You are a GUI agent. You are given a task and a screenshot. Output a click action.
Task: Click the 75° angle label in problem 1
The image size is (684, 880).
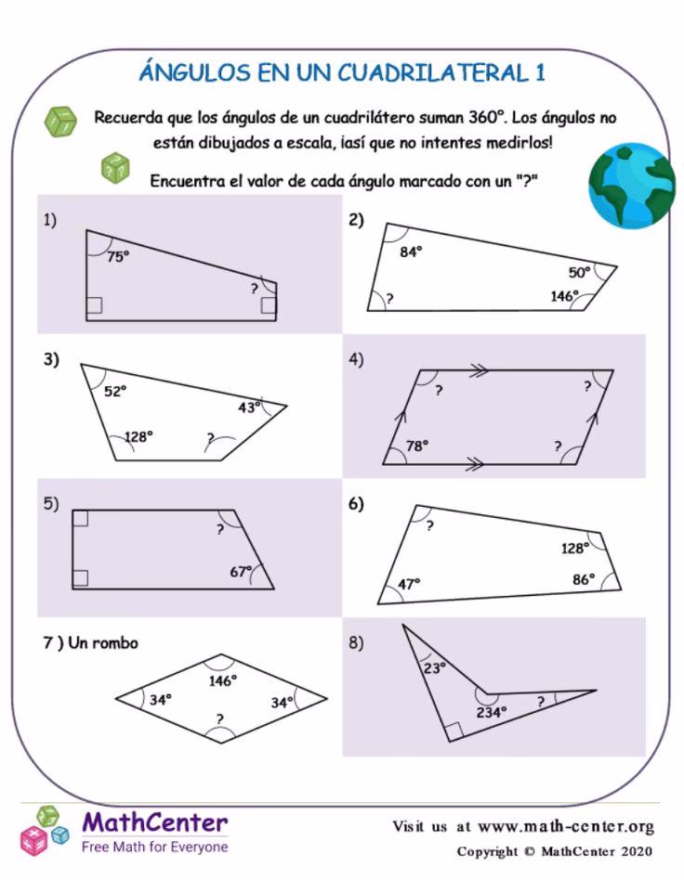pyautogui.click(x=119, y=256)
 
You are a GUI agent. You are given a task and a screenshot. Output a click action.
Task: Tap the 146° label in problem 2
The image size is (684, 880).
pyautogui.click(x=564, y=296)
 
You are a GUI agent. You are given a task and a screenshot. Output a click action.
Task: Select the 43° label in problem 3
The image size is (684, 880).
pyautogui.click(x=249, y=408)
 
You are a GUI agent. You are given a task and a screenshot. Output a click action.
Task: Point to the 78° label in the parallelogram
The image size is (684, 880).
pyautogui.click(x=417, y=446)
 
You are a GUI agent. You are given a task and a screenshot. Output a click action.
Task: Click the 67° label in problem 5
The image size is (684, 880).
pyautogui.click(x=241, y=571)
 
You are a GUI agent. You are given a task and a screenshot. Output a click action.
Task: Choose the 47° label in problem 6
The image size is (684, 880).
pyautogui.click(x=409, y=584)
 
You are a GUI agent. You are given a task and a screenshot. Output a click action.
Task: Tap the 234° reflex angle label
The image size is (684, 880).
pyautogui.click(x=492, y=712)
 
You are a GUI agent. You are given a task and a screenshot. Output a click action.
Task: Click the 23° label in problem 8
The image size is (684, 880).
pyautogui.click(x=434, y=667)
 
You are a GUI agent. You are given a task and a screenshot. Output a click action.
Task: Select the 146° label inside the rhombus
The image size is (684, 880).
pyautogui.click(x=222, y=680)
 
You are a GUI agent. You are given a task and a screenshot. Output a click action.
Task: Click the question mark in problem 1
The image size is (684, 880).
pyautogui.click(x=255, y=289)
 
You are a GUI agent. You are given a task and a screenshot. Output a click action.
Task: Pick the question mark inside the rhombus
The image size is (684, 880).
pyautogui.click(x=219, y=718)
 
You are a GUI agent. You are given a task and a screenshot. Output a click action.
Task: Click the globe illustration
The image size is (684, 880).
pyautogui.click(x=632, y=186)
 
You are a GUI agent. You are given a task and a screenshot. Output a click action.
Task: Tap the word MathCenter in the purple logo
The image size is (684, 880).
pyautogui.click(x=155, y=822)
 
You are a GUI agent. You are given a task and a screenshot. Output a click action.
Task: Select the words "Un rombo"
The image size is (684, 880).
pyautogui.click(x=103, y=642)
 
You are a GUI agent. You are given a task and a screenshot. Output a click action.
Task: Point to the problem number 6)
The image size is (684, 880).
pyautogui.click(x=356, y=503)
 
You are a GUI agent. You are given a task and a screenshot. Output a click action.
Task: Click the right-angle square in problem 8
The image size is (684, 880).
pyautogui.click(x=454, y=731)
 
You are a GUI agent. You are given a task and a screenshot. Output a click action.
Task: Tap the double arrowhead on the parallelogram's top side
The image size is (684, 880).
pyautogui.click(x=479, y=369)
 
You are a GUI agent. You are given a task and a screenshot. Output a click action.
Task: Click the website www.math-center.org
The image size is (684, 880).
pyautogui.click(x=566, y=826)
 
